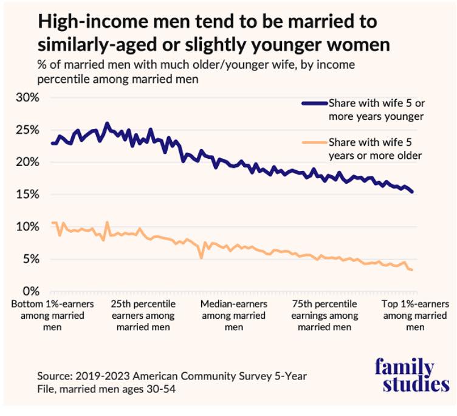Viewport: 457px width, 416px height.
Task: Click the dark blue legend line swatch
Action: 315,103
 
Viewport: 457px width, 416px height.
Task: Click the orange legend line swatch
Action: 315,144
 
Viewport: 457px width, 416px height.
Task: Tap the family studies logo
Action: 412,376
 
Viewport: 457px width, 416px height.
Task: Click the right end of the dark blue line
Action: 413,192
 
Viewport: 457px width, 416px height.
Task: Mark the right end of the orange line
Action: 413,270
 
